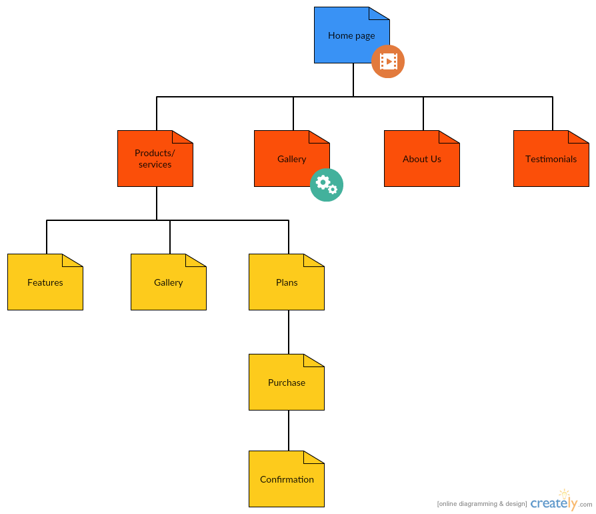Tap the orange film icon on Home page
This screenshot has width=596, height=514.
pos(388,61)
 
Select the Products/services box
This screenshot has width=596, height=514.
pos(155,159)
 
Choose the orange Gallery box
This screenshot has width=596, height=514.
pos(287,159)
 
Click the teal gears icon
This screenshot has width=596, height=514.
pos(327,184)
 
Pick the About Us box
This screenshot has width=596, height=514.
pos(421,159)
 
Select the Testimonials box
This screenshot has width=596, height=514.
pos(551,159)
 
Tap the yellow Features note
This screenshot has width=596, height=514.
pos(45,282)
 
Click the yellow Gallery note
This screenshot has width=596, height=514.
pos(168,282)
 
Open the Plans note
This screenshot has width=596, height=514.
pos(286,282)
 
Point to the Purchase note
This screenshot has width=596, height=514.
pos(286,382)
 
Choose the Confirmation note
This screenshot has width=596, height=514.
pos(286,479)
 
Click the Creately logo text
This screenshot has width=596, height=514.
pos(551,503)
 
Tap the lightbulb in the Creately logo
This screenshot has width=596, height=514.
pos(565,495)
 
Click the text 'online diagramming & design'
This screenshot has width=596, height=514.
pos(481,503)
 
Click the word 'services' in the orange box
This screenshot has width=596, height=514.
pos(155,165)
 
